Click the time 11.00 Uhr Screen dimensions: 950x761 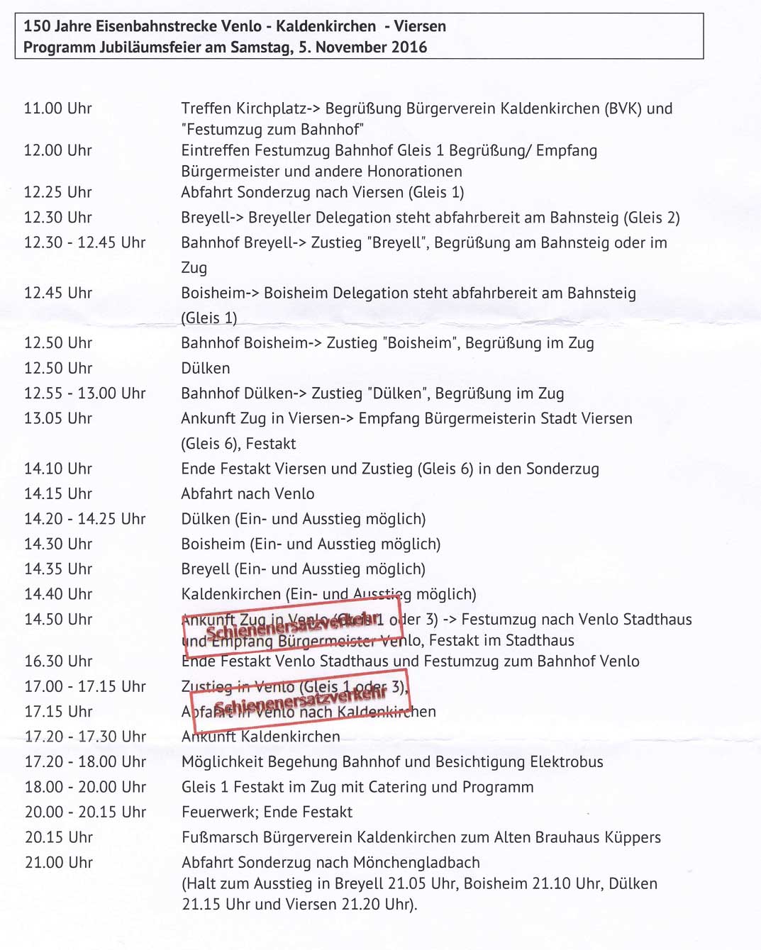click(x=58, y=108)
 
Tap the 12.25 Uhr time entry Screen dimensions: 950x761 click(x=58, y=192)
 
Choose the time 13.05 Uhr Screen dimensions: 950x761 click(x=58, y=418)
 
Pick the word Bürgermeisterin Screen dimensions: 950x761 click(x=467, y=418)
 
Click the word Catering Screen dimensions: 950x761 click(x=394, y=787)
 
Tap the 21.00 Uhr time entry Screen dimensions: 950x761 click(x=59, y=863)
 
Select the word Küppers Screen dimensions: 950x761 click(x=633, y=837)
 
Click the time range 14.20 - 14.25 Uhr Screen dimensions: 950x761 click(x=85, y=519)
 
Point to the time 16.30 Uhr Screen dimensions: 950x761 click(x=58, y=661)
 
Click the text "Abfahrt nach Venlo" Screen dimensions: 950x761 click(x=248, y=493)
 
